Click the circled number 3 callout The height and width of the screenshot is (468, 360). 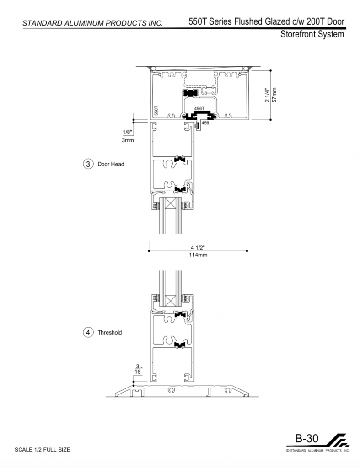tap(88, 164)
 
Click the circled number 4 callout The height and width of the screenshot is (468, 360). tap(88, 332)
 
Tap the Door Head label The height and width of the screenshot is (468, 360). tap(111, 164)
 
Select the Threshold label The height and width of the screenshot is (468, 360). tap(110, 333)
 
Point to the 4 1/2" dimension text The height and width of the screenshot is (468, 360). tap(198, 247)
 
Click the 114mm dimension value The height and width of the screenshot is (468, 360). tap(198, 255)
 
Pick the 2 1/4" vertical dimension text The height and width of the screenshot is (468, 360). tap(268, 95)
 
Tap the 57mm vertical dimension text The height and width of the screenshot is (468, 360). tap(274, 95)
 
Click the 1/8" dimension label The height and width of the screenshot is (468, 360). tap(127, 132)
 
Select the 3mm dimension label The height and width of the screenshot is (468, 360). tap(128, 140)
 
